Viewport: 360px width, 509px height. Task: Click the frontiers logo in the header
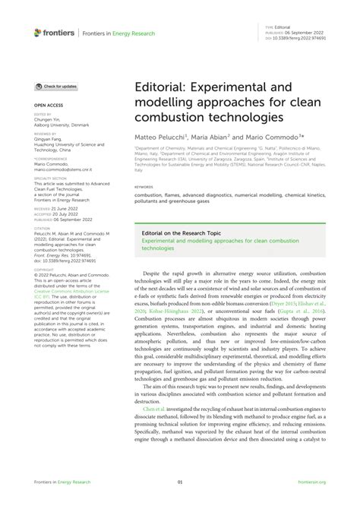coord(52,32)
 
